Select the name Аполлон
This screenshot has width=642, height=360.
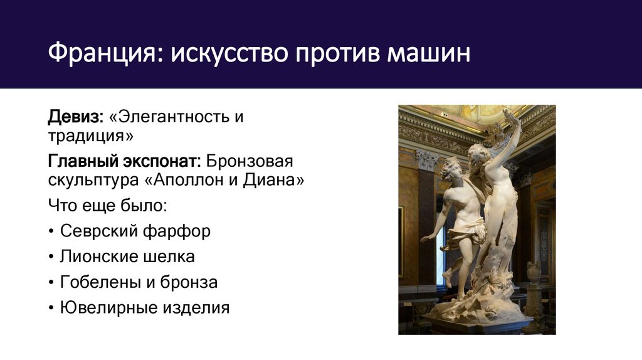tap(201, 181)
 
